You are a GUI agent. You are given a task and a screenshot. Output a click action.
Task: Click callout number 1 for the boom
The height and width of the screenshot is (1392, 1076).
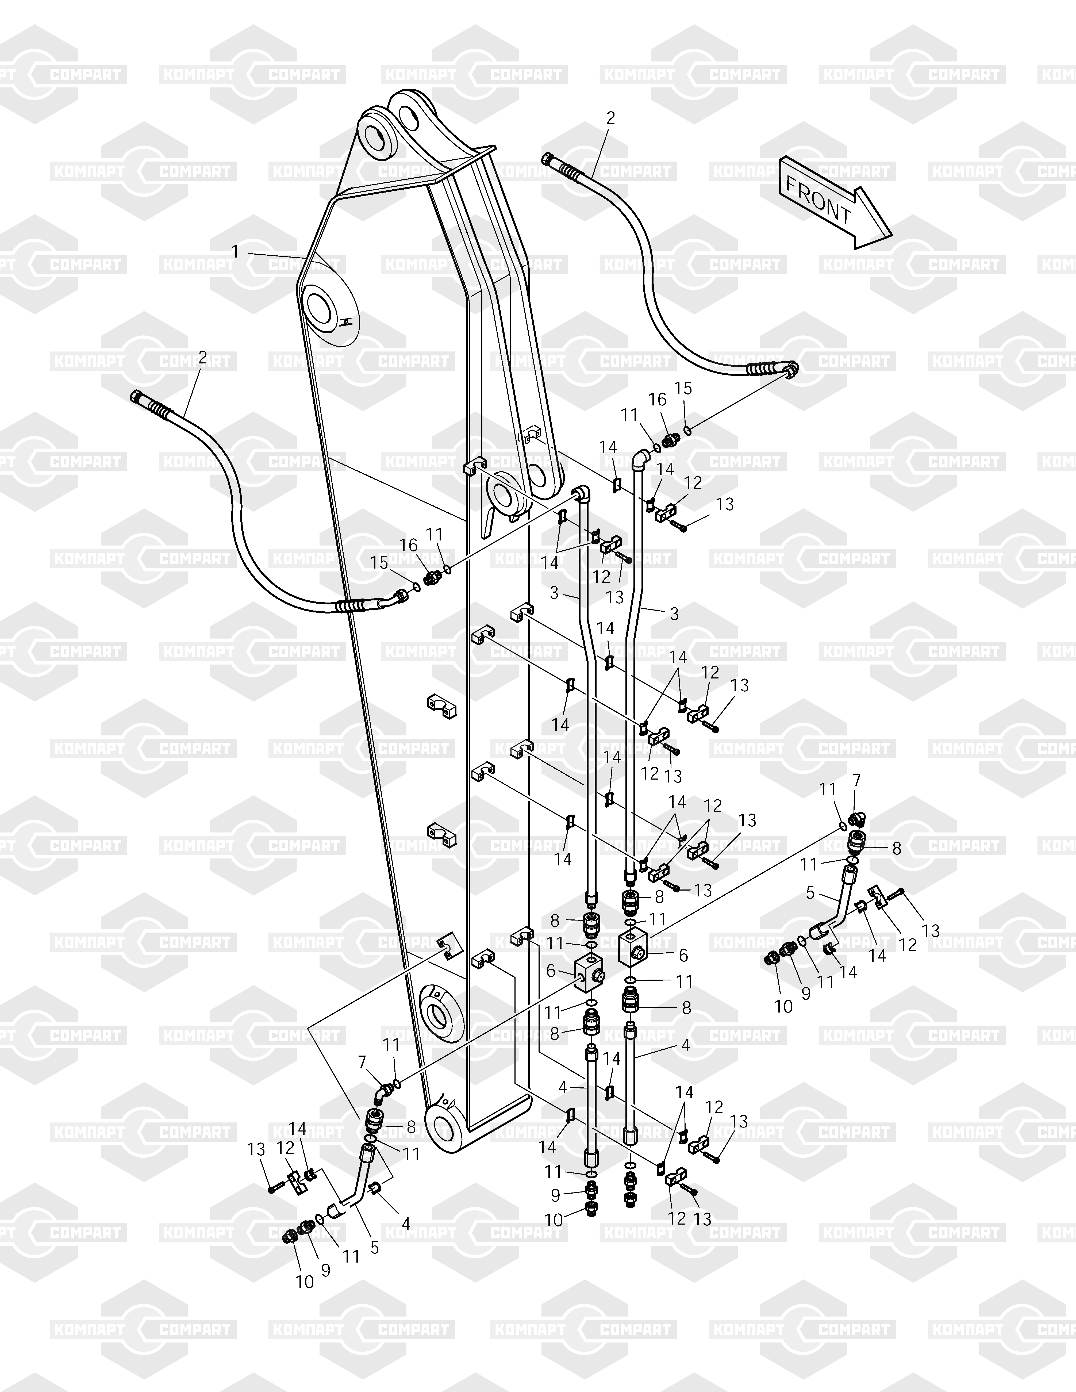[x=235, y=252]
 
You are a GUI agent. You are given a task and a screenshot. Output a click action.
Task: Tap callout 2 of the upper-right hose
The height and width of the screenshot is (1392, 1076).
[x=611, y=118]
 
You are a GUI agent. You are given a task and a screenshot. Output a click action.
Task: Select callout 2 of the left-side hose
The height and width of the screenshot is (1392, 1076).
[x=203, y=357]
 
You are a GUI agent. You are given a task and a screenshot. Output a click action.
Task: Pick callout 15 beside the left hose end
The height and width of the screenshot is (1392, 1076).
[x=379, y=563]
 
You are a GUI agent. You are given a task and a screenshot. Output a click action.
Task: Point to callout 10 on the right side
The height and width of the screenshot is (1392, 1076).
[x=783, y=1006]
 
